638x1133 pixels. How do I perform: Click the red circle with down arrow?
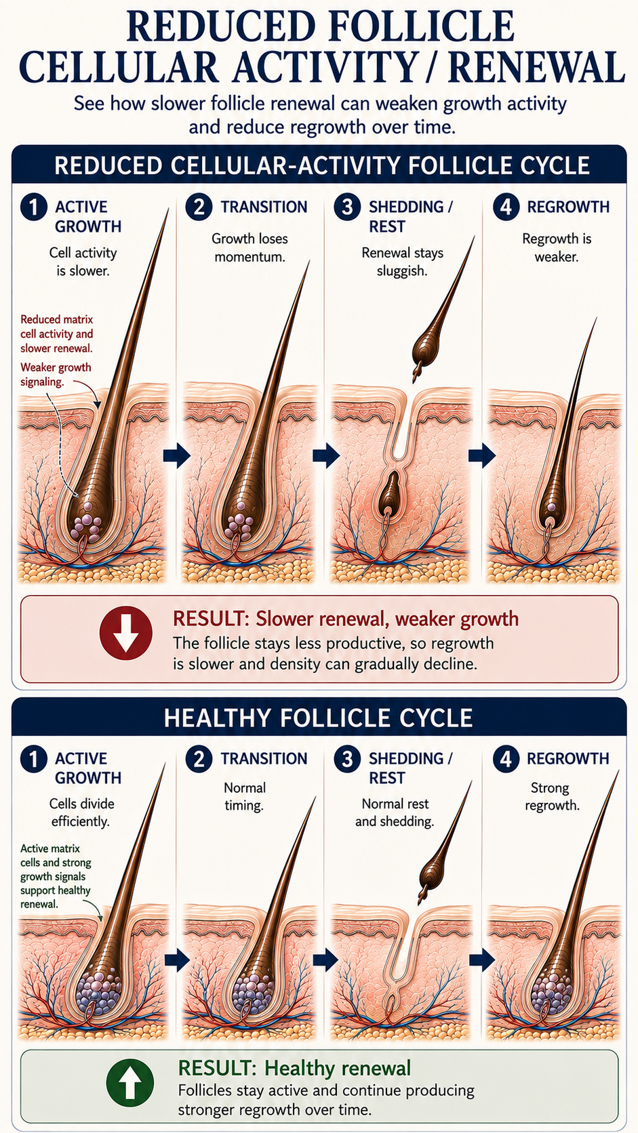click(126, 633)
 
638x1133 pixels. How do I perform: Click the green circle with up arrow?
click(130, 1083)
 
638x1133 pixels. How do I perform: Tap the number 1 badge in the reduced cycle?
click(34, 207)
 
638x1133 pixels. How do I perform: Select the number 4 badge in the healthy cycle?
click(506, 759)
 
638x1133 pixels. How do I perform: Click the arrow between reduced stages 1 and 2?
click(176, 455)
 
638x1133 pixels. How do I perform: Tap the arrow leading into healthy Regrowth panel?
click(481, 960)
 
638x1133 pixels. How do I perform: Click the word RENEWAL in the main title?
click(536, 67)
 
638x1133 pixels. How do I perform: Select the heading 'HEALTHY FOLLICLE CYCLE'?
click(318, 717)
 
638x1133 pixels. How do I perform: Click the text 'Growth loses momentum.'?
click(250, 247)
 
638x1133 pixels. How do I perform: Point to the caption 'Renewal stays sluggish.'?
click(402, 262)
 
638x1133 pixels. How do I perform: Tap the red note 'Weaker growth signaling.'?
click(56, 374)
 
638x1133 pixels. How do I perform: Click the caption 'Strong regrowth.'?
click(552, 796)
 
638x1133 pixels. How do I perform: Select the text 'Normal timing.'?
click(244, 796)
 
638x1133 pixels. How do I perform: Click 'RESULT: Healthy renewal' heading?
click(294, 1068)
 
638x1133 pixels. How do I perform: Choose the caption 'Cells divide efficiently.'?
click(81, 812)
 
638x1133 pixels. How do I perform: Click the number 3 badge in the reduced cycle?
click(348, 207)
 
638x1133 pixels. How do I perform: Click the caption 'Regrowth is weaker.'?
click(557, 247)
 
